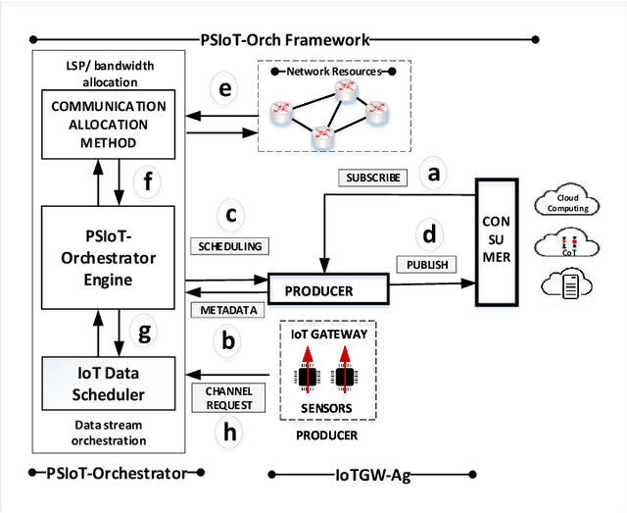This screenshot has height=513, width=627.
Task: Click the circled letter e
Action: point(225,89)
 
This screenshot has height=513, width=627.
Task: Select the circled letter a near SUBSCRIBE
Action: point(432,175)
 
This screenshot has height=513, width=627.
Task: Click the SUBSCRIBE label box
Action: point(371,179)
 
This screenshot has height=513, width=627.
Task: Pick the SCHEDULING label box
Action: point(228,246)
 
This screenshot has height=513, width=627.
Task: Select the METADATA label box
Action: point(228,310)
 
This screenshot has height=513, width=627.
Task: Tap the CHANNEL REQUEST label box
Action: point(228,397)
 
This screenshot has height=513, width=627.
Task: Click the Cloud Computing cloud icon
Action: point(568,203)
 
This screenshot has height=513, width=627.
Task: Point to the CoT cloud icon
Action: point(568,245)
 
